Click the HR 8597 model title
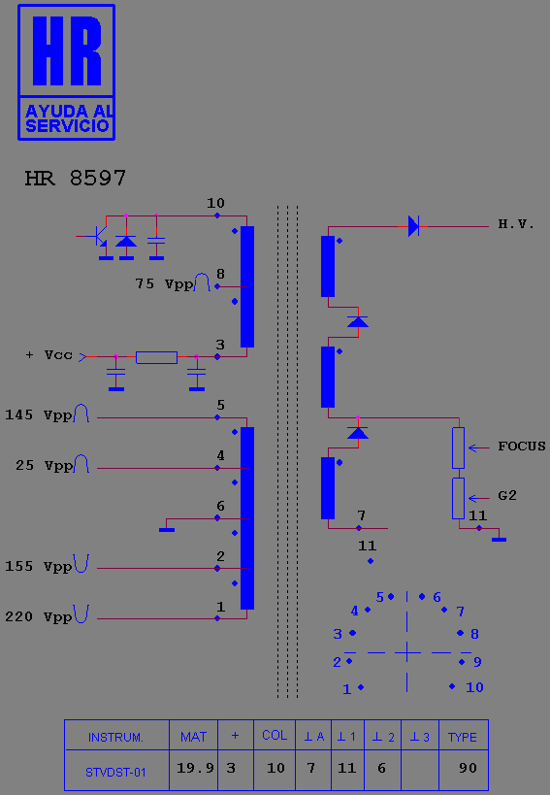point(75,178)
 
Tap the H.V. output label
point(516,224)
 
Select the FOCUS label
point(522,447)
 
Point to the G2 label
point(507,495)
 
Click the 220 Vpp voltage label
point(39,617)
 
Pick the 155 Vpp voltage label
point(39,566)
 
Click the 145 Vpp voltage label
point(39,415)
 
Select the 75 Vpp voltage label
point(165,283)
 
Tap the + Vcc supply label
point(49,355)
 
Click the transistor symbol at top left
point(99,236)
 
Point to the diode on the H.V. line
point(414,226)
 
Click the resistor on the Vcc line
point(156,357)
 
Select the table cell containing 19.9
point(194,770)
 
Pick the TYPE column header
point(463,737)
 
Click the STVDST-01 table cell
point(116,772)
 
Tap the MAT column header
point(193,737)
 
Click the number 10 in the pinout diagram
point(474,687)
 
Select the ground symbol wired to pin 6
point(167,530)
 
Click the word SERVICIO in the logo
point(67,126)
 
